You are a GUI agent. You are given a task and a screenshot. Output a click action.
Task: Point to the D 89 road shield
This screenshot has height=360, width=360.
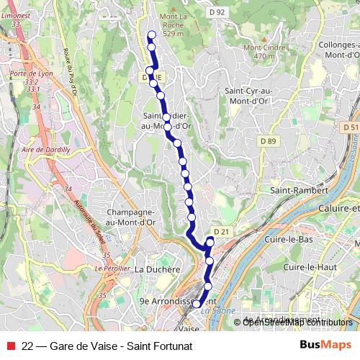(268, 140)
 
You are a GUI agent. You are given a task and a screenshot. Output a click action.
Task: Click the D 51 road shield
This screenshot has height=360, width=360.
(351, 127)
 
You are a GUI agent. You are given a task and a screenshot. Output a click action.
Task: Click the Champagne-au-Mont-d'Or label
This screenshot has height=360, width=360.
(131, 217)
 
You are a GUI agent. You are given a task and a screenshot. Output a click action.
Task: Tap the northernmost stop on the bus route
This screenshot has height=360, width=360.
(151, 35)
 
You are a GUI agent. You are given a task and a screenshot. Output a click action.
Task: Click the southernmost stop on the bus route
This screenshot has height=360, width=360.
(196, 305)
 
